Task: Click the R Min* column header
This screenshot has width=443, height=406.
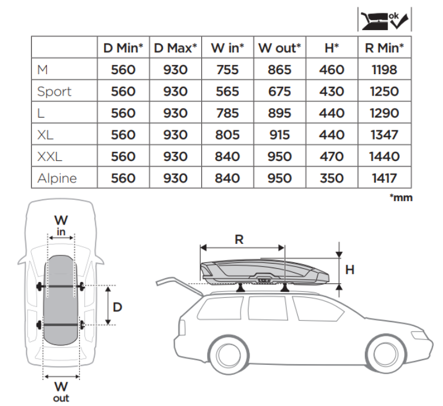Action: click(x=384, y=48)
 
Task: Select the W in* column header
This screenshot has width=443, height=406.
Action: click(x=227, y=48)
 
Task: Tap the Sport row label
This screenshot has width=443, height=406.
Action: click(x=54, y=92)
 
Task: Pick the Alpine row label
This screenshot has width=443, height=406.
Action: click(x=57, y=178)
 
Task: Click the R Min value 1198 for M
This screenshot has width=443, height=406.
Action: click(x=384, y=70)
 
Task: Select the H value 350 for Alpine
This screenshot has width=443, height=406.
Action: click(x=331, y=178)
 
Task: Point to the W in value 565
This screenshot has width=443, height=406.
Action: click(x=227, y=92)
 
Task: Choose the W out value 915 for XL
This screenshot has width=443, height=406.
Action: click(x=280, y=135)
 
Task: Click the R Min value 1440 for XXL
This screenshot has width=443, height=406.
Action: click(x=384, y=156)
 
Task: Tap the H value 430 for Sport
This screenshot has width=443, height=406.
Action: click(x=331, y=92)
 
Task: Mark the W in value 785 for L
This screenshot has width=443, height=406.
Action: click(x=227, y=114)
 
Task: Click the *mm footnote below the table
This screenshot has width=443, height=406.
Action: click(x=401, y=198)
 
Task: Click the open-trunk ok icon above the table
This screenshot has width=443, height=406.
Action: click(x=384, y=19)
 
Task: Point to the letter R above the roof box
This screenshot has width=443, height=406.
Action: click(x=239, y=239)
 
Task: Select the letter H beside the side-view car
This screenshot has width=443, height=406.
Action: click(x=349, y=269)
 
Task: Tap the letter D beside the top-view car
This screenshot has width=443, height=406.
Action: click(x=117, y=306)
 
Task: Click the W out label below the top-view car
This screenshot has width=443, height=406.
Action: click(x=61, y=390)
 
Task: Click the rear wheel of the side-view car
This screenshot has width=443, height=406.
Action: click(x=227, y=356)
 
